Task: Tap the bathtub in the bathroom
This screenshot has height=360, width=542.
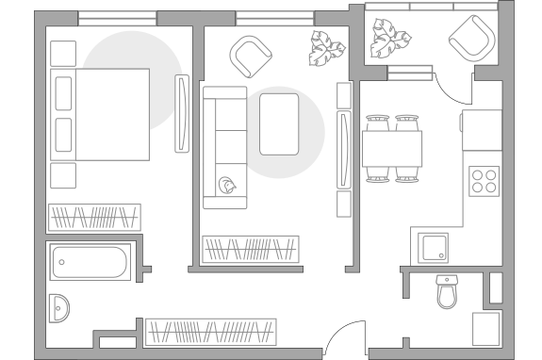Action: [x=90, y=261]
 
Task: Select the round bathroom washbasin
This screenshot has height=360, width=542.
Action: [x=59, y=307]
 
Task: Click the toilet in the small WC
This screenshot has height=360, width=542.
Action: [x=447, y=292]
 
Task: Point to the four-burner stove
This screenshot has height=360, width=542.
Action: [x=484, y=180]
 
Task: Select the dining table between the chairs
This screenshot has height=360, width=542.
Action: [x=392, y=148]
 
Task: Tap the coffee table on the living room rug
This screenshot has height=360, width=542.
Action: [x=279, y=123]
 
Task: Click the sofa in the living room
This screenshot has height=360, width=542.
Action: [x=225, y=147]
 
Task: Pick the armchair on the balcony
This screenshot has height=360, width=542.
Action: [x=470, y=40]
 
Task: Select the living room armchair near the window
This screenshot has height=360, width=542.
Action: [x=252, y=56]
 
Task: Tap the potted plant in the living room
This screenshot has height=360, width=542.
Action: [x=328, y=45]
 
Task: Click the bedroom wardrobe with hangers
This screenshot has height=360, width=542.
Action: [x=94, y=218]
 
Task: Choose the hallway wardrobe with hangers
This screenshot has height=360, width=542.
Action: [x=210, y=332]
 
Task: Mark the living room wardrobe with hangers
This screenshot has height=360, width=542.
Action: [x=251, y=250]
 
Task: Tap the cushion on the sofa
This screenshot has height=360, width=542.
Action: [x=228, y=186]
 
